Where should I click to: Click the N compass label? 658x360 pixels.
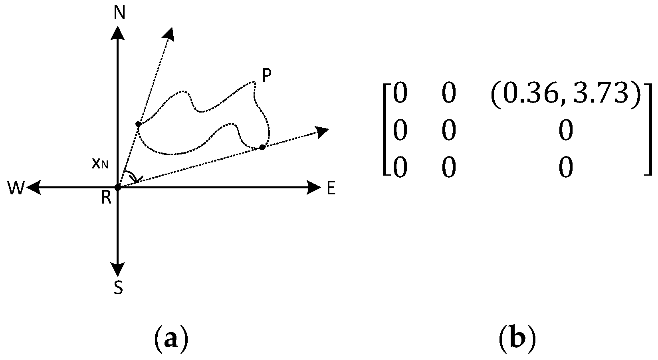pos(119,13)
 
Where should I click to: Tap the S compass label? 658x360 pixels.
pos(118,288)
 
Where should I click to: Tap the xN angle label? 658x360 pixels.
pos(99,164)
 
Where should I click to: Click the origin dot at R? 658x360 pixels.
pos(118,187)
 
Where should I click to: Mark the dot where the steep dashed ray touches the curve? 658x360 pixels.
pos(138,125)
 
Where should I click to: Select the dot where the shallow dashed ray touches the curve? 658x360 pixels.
pos(262,147)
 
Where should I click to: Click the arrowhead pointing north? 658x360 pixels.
pos(118,32)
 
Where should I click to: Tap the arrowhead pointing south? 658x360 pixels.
pos(118,269)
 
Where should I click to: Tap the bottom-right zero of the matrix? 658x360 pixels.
pos(565,168)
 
